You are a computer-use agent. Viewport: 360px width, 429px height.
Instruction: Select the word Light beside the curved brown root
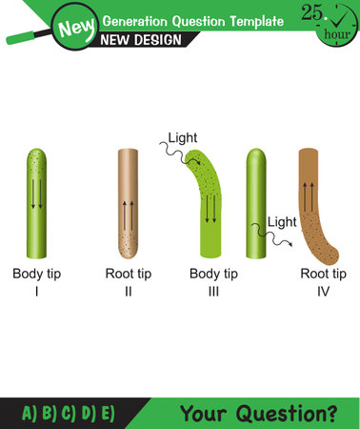click(x=282, y=222)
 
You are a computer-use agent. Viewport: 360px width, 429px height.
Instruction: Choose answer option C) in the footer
click(x=68, y=414)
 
